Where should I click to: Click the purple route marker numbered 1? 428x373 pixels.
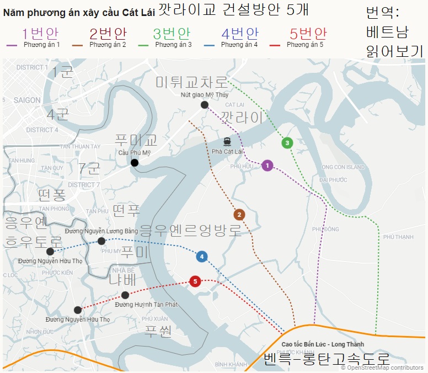(x=267, y=165)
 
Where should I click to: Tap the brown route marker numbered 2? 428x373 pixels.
(x=239, y=215)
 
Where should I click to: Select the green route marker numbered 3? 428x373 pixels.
(x=286, y=143)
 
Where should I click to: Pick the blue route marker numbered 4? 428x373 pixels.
(x=202, y=256)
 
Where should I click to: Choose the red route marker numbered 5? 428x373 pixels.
(x=194, y=281)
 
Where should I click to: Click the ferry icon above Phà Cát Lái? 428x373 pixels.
(x=227, y=141)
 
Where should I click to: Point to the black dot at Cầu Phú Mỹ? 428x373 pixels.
(x=135, y=162)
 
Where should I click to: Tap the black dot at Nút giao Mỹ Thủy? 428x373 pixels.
(x=205, y=105)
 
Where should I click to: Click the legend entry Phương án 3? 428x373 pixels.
(x=173, y=44)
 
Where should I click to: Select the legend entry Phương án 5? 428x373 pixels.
(x=305, y=44)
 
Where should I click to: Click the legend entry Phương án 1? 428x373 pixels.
(x=42, y=44)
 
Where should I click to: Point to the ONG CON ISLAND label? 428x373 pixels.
(x=343, y=167)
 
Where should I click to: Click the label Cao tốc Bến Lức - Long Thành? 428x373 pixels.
(x=315, y=344)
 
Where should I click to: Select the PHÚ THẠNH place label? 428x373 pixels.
(x=398, y=237)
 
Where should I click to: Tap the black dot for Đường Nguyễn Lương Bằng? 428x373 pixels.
(x=101, y=241)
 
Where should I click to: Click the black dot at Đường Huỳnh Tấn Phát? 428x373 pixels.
(x=126, y=295)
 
